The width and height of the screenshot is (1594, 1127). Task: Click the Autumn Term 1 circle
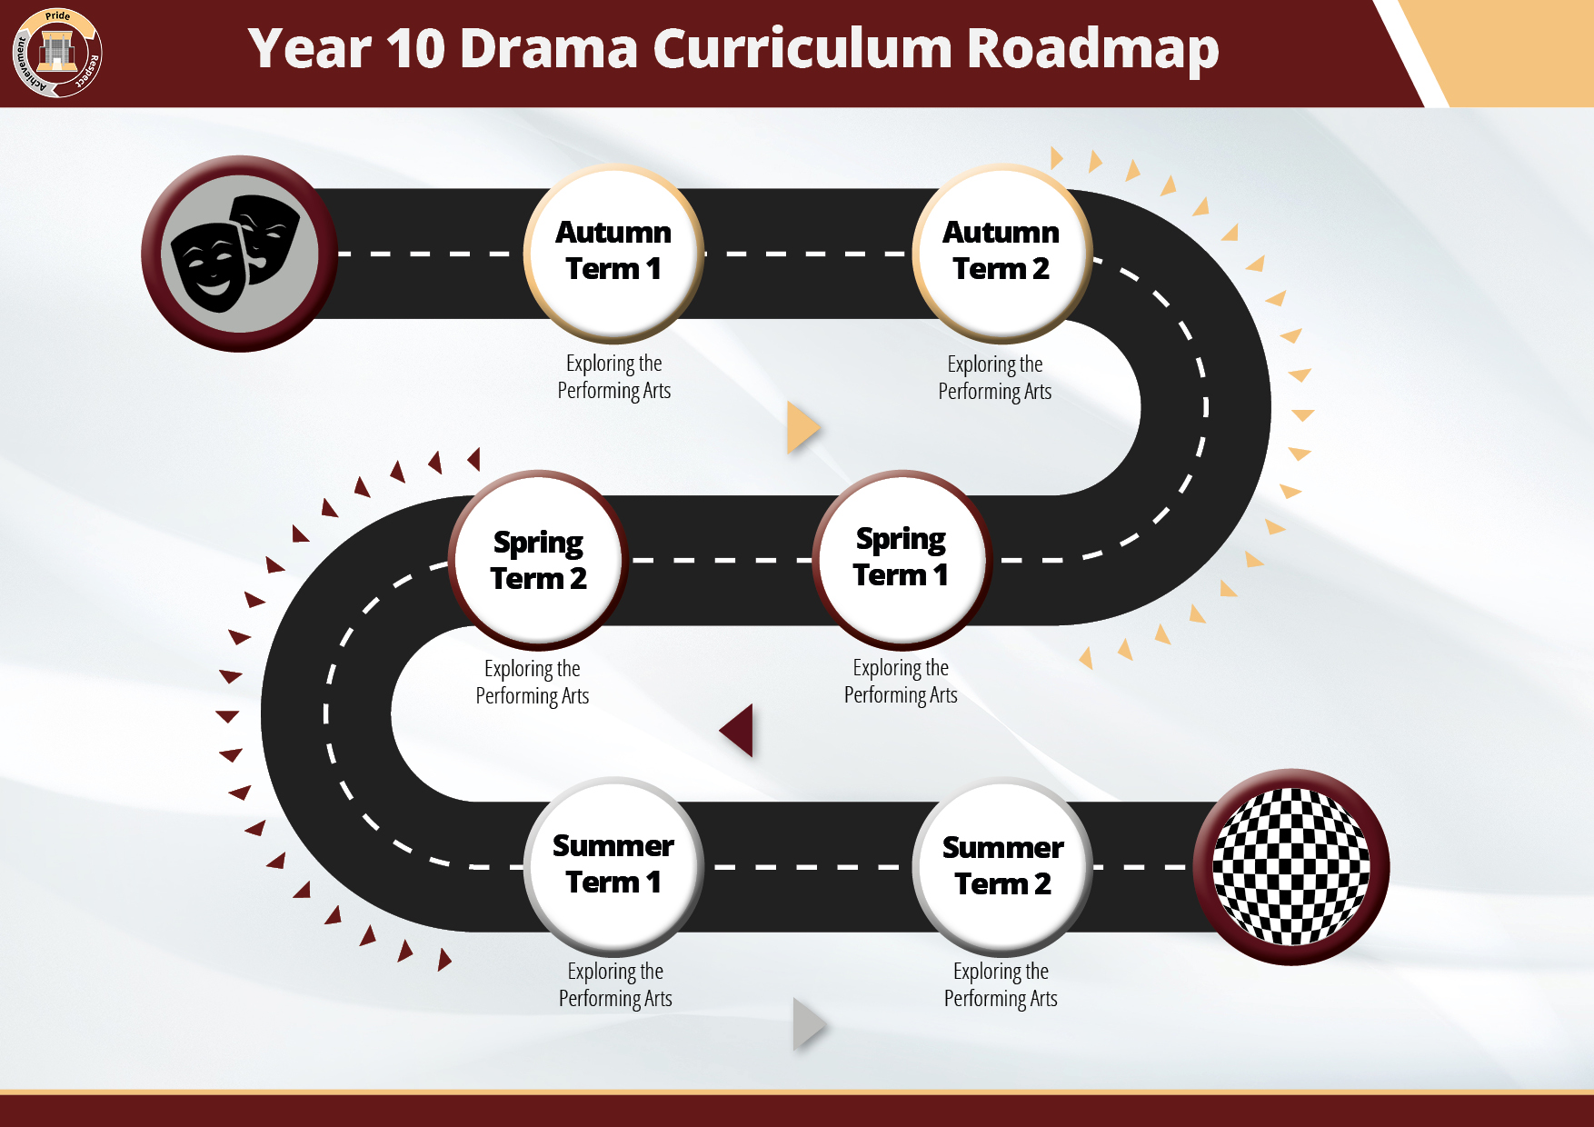[613, 254]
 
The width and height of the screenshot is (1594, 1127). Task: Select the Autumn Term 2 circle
[1001, 254]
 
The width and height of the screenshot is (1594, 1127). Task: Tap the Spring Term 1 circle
[901, 560]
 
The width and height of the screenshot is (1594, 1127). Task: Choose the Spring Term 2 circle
[538, 560]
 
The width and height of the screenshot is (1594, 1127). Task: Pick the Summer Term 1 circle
[613, 866]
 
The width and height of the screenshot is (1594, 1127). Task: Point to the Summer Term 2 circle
[1002, 866]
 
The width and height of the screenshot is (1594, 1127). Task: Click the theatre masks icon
[237, 254]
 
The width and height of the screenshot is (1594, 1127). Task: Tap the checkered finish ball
[1291, 867]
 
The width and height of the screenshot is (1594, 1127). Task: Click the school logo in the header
[57, 53]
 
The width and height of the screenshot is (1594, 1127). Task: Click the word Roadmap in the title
[1092, 50]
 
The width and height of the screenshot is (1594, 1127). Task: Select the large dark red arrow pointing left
[736, 730]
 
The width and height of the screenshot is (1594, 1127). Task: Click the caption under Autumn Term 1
[614, 377]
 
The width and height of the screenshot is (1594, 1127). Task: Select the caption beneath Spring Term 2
[533, 683]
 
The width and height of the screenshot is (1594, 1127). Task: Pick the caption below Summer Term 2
[1001, 985]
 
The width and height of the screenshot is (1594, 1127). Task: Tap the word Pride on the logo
[57, 16]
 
